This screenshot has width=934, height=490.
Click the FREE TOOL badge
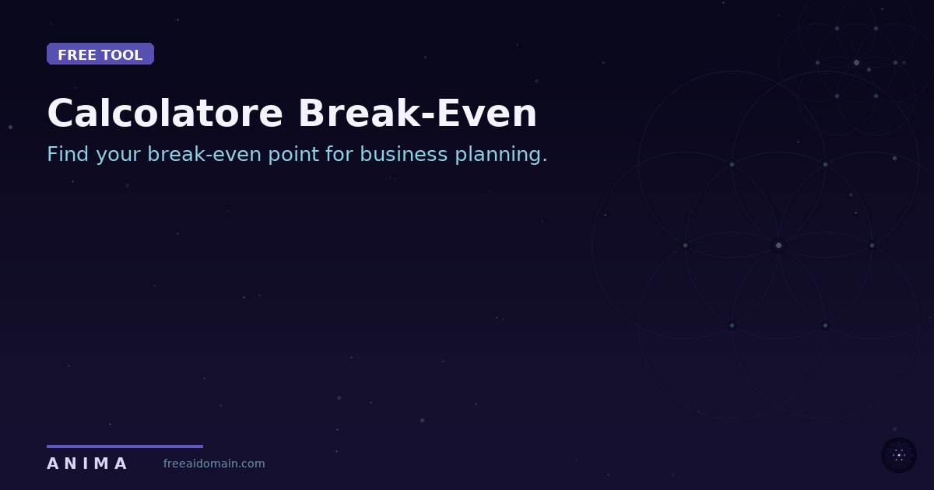point(100,54)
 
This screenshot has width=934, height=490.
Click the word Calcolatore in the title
point(165,114)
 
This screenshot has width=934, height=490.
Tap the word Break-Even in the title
point(417,114)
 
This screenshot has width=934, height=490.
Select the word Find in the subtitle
point(68,154)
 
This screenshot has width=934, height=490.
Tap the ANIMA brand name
point(86,464)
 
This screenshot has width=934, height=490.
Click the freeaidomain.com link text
point(214,464)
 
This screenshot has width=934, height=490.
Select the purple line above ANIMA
point(125,446)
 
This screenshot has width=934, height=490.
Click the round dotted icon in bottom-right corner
point(899,455)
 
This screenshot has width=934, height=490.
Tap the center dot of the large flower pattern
point(778,245)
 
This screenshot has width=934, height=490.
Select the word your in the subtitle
point(119,155)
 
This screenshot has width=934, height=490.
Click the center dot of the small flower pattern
point(856,62)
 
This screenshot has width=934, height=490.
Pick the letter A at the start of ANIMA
point(52,464)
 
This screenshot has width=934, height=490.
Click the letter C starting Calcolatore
point(63,114)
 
